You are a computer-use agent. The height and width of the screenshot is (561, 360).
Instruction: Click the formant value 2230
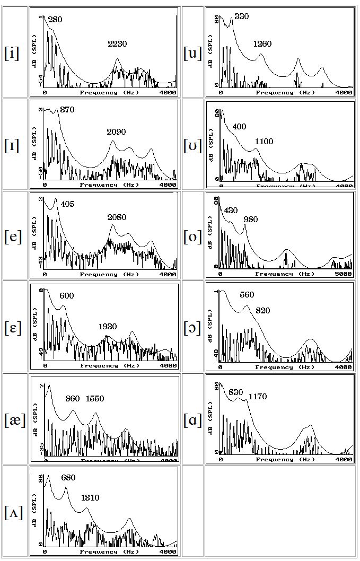[117, 44]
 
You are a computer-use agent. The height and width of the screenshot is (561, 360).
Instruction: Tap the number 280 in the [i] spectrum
[55, 20]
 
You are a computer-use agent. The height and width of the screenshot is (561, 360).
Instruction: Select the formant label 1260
[262, 43]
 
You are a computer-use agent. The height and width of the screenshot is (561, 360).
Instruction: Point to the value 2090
[116, 132]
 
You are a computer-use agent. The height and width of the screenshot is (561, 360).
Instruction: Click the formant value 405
[67, 204]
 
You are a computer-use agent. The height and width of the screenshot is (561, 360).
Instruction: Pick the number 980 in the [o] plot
[250, 220]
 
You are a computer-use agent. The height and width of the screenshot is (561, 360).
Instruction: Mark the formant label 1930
[108, 327]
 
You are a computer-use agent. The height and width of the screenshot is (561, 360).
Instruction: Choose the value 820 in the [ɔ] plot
[262, 311]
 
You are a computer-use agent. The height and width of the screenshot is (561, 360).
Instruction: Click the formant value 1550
[95, 399]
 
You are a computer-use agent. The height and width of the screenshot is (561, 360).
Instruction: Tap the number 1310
[90, 498]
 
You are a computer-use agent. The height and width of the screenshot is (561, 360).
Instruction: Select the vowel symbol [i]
[12, 53]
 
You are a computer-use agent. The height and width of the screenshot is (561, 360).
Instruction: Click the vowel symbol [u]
[192, 53]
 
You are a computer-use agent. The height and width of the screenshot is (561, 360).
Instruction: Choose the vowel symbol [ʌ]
[13, 512]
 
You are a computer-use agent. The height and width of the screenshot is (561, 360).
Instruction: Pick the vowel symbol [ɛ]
[13, 328]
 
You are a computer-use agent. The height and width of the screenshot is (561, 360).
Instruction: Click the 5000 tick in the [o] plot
[344, 274]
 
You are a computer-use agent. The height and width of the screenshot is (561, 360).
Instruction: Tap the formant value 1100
[264, 142]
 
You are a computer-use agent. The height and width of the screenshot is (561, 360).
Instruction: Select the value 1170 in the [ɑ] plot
[257, 397]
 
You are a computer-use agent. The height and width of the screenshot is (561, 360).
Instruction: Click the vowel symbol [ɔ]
[192, 328]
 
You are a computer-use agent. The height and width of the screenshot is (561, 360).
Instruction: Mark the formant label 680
[68, 478]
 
